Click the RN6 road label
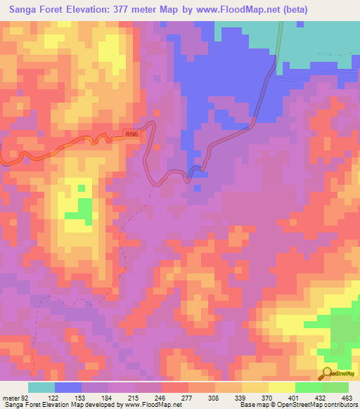point(132,133)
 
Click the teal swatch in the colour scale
point(41,387)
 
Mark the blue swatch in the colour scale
point(68,387)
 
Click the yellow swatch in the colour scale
point(282,387)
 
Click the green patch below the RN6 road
point(84,209)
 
